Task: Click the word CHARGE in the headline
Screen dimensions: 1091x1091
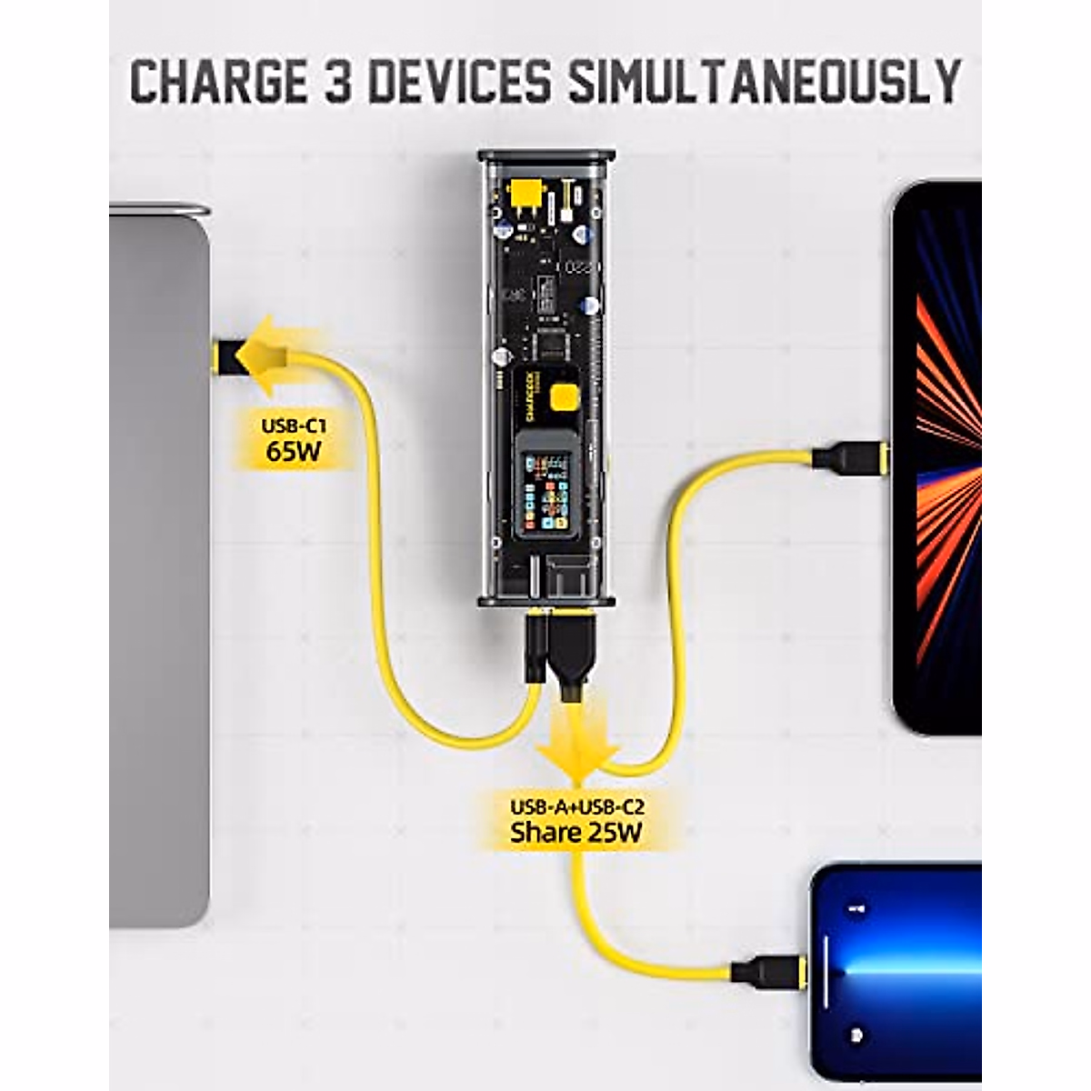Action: [x=219, y=82]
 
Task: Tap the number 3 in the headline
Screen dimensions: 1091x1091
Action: [x=338, y=82]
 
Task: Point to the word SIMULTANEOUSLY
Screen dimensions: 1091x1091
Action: [x=764, y=82]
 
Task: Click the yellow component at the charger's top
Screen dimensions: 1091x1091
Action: [x=523, y=194]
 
